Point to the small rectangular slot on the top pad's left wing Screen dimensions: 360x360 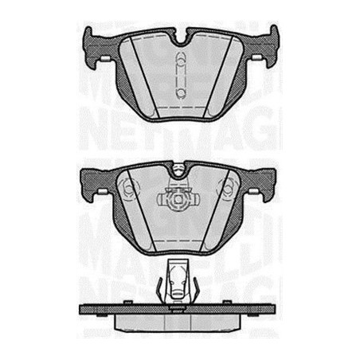(101, 60)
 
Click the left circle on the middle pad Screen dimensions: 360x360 (131, 191)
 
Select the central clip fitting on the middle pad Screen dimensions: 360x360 (180, 197)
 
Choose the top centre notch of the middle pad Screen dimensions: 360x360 (180, 170)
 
